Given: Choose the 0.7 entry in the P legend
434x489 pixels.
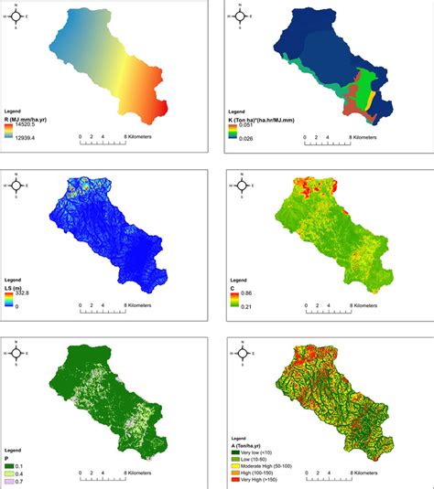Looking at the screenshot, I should (x=28, y=467).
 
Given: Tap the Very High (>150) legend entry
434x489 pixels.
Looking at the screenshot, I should (x=273, y=482).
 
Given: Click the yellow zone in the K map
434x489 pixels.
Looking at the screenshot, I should (x=364, y=88).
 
